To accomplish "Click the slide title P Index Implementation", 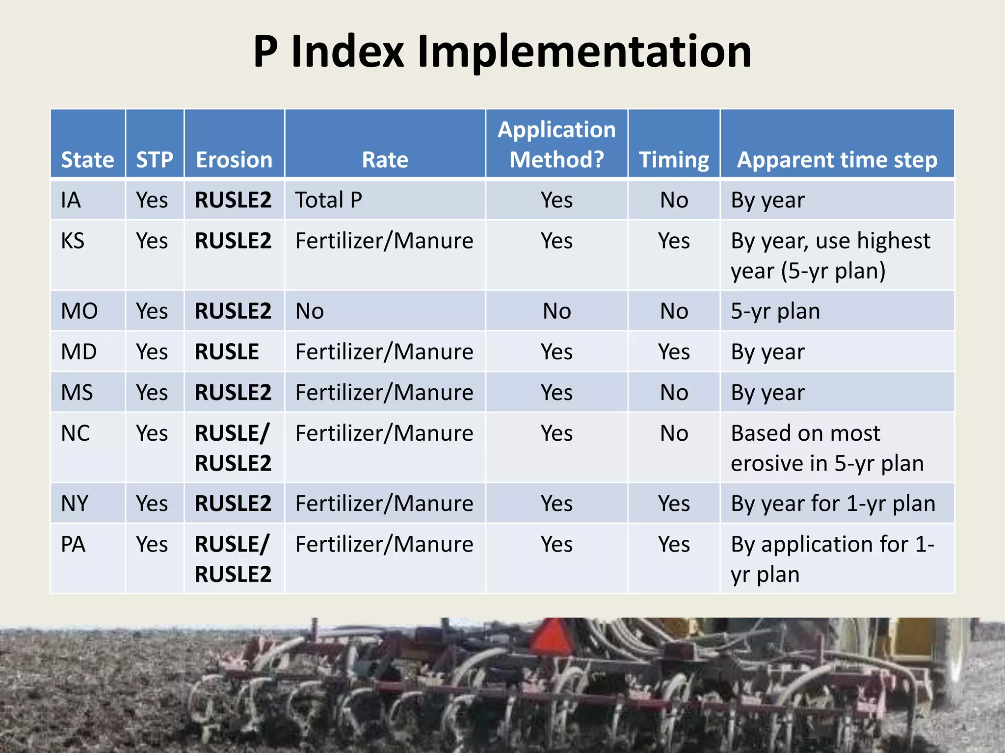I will [x=502, y=51].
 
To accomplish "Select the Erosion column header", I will [x=234, y=160].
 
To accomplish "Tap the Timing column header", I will [x=674, y=160].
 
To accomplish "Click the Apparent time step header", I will [x=837, y=160].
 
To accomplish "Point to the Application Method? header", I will [x=556, y=144].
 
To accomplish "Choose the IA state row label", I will [x=71, y=200].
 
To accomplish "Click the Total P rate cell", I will [x=329, y=200].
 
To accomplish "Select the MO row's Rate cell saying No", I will [x=310, y=311].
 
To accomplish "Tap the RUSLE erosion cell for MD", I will [x=227, y=351].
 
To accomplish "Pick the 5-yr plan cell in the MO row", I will [x=775, y=311].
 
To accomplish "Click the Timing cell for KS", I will [x=674, y=241].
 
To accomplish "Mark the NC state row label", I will [x=76, y=433].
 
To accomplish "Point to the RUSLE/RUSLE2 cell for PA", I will [x=233, y=559].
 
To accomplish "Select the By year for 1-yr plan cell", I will [x=833, y=503].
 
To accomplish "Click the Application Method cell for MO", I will [x=556, y=311].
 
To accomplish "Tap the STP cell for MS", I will [x=152, y=392].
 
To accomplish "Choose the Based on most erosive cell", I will [x=827, y=448].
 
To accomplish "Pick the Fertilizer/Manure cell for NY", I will [x=384, y=503].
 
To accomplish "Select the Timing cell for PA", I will [x=674, y=544].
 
